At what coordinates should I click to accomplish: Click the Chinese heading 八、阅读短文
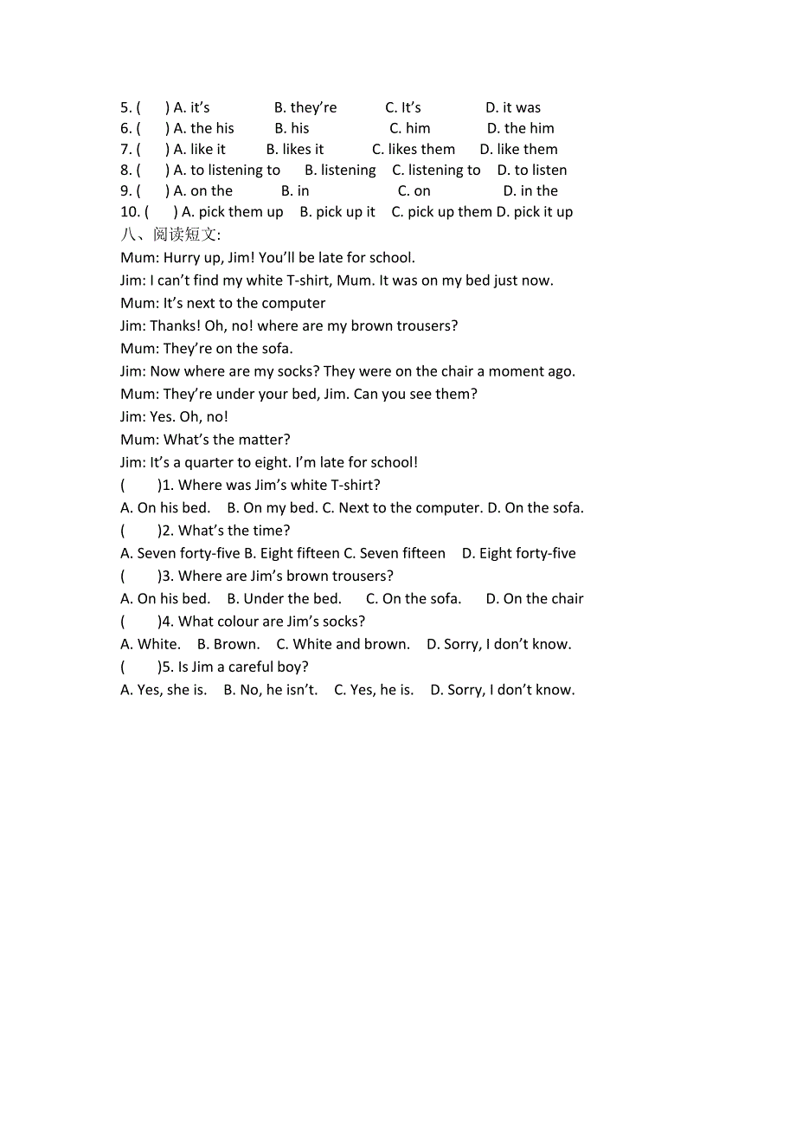(x=170, y=235)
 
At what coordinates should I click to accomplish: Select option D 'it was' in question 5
(x=513, y=107)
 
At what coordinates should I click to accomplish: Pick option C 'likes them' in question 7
(x=414, y=149)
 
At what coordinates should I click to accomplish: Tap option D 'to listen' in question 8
(x=532, y=170)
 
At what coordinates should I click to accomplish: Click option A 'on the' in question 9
(x=203, y=190)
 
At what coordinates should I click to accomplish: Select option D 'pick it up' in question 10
(x=535, y=211)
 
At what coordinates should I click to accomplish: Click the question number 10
(x=130, y=211)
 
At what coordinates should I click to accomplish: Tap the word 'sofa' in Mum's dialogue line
(x=276, y=348)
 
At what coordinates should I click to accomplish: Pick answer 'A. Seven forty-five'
(x=180, y=553)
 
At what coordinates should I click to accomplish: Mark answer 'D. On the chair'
(x=535, y=598)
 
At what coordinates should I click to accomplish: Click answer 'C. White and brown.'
(x=343, y=644)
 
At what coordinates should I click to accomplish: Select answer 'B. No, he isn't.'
(x=271, y=690)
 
